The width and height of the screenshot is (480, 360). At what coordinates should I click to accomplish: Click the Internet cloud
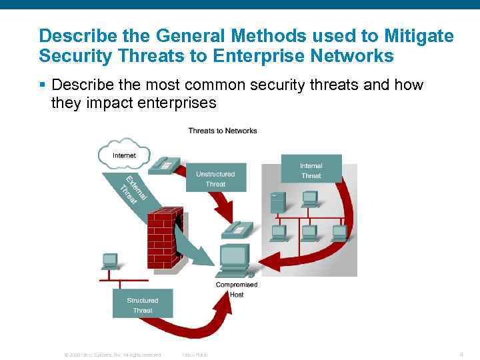[x=124, y=154]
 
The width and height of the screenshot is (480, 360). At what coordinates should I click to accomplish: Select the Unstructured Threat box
[x=215, y=179]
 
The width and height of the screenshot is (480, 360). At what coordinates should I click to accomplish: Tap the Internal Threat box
[x=311, y=170]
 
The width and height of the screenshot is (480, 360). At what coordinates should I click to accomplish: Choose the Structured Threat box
[x=143, y=305]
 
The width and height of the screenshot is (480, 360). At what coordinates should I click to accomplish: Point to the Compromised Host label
[x=236, y=289]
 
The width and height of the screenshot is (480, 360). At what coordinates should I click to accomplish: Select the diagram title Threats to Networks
[x=222, y=131]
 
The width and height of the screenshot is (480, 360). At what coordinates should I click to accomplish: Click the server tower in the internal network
[x=277, y=202]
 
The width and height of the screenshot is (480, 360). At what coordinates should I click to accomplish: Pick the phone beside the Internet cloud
[x=164, y=164]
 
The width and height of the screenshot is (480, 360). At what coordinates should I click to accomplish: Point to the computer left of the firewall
[x=110, y=261]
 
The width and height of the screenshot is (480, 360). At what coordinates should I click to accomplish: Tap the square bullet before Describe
[x=42, y=86]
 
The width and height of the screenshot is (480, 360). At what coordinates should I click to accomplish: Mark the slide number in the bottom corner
[x=461, y=353]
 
